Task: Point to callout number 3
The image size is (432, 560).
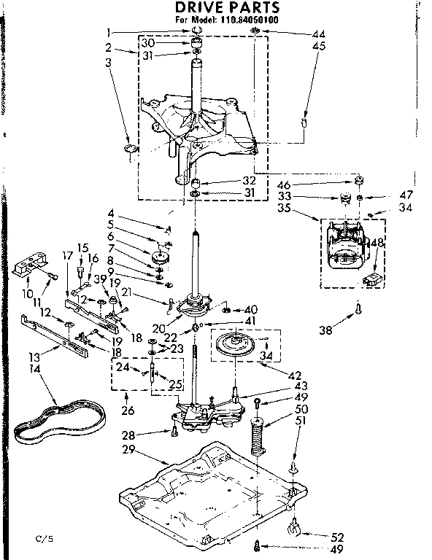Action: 108,62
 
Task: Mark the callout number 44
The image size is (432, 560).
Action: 318,34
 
